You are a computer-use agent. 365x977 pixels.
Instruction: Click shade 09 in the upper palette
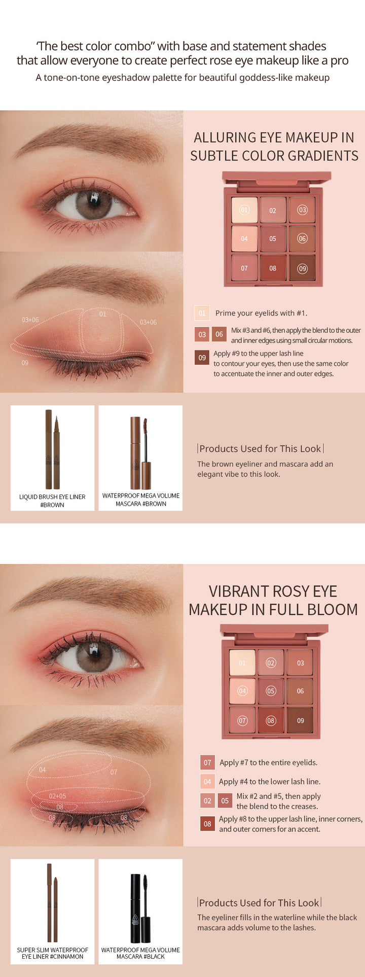(x=302, y=268)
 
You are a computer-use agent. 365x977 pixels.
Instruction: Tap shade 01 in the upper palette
(x=244, y=210)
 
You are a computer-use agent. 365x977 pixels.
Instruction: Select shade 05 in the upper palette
(x=273, y=238)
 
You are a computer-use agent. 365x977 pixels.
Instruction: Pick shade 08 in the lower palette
(x=271, y=720)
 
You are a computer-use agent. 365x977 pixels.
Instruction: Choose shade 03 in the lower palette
(x=300, y=662)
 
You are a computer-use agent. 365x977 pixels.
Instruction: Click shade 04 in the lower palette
(x=242, y=691)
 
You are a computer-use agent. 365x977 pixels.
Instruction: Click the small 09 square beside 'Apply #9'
(x=202, y=358)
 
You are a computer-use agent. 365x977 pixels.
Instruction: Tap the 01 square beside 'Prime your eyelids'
(x=202, y=313)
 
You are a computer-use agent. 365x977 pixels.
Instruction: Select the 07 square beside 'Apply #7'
(x=207, y=762)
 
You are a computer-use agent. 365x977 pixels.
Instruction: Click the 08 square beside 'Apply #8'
(x=207, y=823)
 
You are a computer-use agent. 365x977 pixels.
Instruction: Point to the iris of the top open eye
(x=94, y=204)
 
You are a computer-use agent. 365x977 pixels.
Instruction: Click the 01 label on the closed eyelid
(x=103, y=314)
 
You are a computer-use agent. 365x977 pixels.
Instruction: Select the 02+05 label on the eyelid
(x=57, y=796)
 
